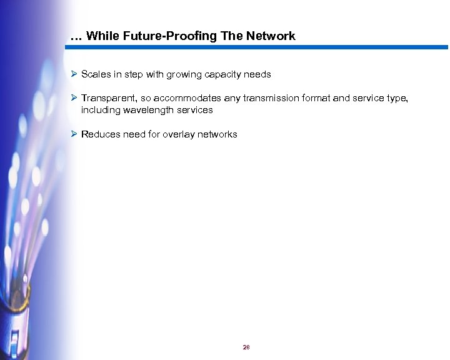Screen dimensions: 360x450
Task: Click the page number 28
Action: pos(246,347)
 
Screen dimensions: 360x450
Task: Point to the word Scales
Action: pos(96,74)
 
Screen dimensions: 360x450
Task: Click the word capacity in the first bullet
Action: pos(227,74)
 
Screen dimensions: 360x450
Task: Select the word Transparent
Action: pos(107,98)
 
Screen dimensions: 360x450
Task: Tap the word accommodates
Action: pos(184,98)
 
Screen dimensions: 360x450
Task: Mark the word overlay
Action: pos(181,134)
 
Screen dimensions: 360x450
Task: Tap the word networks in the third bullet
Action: pos(218,134)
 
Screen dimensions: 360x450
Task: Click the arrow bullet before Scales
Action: pos(74,74)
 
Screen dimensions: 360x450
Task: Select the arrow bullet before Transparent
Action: pos(74,98)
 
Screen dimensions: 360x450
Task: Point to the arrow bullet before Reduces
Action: pos(74,134)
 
